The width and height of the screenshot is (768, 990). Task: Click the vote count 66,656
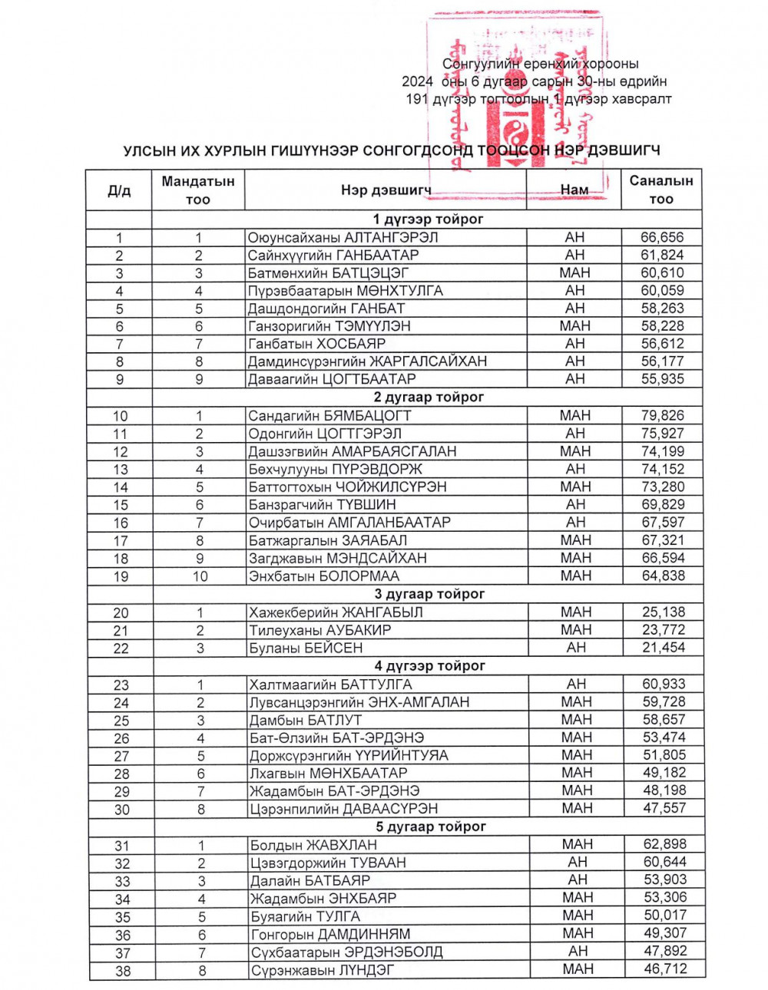pyautogui.click(x=661, y=237)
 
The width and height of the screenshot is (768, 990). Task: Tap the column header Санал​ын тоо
pyautogui.click(x=661, y=190)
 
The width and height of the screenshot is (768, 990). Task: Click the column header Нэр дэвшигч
pyautogui.click(x=386, y=190)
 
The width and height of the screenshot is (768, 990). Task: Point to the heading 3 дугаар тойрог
pyautogui.click(x=429, y=594)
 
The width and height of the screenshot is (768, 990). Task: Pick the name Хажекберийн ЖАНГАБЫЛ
pyautogui.click(x=336, y=612)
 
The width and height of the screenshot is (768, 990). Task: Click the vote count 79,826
pyautogui.click(x=662, y=415)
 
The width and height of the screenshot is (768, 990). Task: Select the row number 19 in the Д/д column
pyautogui.click(x=121, y=576)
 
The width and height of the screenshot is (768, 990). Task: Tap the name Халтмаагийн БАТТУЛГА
pyautogui.click(x=330, y=685)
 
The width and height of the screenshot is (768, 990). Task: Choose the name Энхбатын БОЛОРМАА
pyautogui.click(x=323, y=576)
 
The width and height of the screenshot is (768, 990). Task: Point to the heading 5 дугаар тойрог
pyautogui.click(x=431, y=827)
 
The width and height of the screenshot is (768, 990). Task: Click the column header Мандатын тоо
pyautogui.click(x=198, y=190)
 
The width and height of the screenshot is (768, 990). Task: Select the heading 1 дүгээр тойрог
pyautogui.click(x=428, y=219)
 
